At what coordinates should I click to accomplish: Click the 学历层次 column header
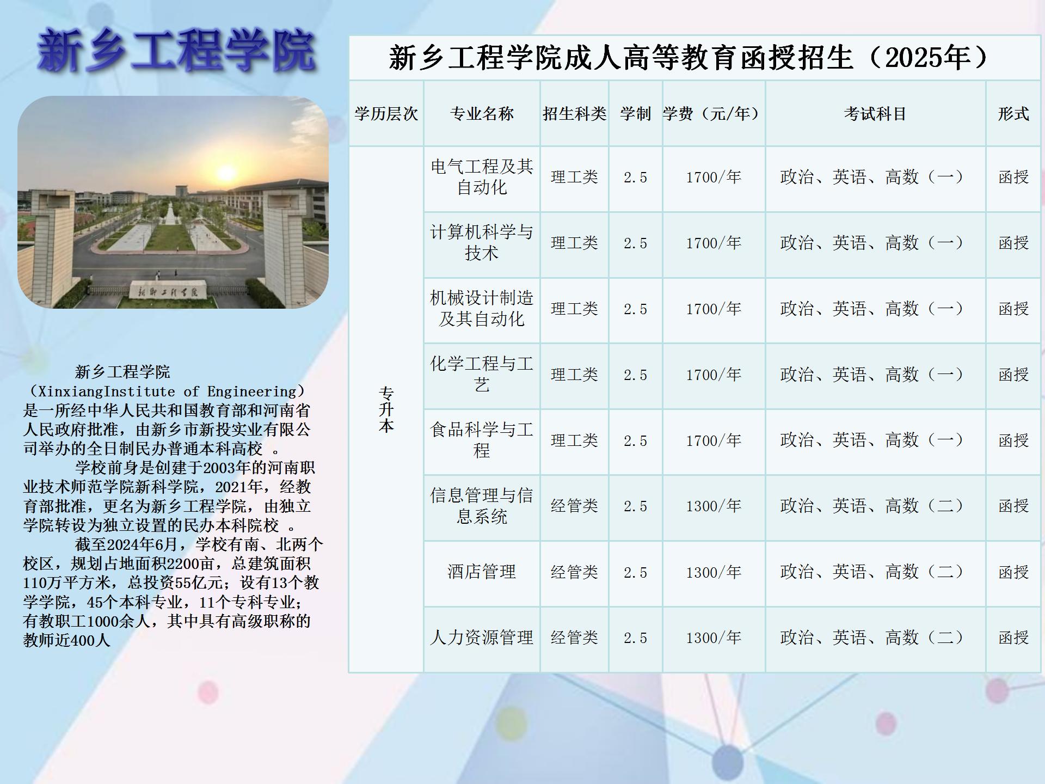(x=386, y=113)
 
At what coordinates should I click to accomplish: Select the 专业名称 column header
(x=482, y=113)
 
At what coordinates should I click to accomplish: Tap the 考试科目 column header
(x=875, y=113)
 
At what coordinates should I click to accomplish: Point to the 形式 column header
(x=1013, y=113)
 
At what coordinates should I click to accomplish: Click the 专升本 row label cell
(x=386, y=409)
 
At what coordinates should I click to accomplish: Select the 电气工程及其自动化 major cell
(x=482, y=177)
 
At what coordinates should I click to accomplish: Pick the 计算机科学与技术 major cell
(x=482, y=243)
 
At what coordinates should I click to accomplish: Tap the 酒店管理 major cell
(x=482, y=572)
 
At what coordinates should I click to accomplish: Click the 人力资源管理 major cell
(x=482, y=638)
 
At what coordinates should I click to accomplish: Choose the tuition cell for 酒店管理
(x=714, y=572)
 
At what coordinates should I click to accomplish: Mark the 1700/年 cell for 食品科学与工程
(x=714, y=440)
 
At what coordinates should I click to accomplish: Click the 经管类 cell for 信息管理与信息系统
(x=574, y=506)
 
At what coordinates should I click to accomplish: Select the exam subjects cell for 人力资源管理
(x=875, y=638)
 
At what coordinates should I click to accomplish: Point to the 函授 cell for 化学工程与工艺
(x=1013, y=375)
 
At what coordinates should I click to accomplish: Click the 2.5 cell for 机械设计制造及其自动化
(x=635, y=309)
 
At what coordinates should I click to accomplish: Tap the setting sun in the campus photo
(x=226, y=174)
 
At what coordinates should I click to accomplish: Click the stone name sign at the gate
(x=168, y=292)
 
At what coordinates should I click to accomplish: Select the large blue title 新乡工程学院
(x=176, y=51)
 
